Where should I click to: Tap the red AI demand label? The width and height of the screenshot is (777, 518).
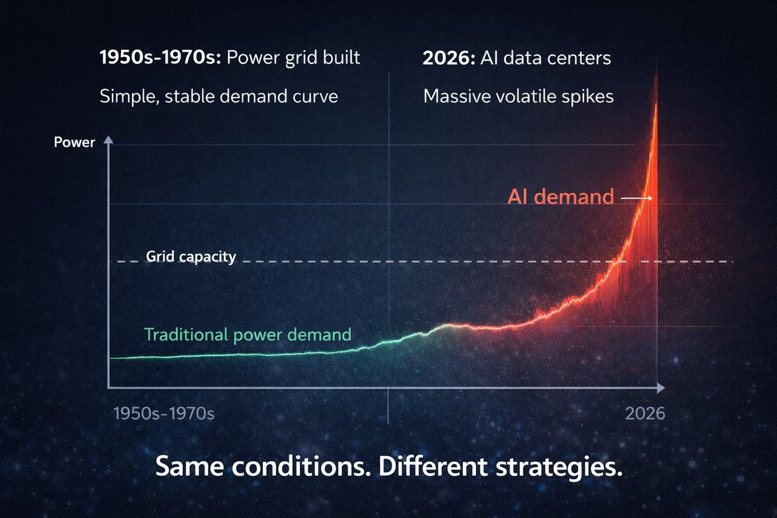coord(560,197)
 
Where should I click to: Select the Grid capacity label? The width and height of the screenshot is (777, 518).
coord(190,257)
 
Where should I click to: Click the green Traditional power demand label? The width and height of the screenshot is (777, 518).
coord(247,335)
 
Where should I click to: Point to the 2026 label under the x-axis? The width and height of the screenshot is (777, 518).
coord(645,413)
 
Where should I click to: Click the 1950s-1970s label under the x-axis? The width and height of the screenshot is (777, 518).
coord(163,413)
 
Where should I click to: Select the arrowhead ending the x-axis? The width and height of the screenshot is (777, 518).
coord(660,387)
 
